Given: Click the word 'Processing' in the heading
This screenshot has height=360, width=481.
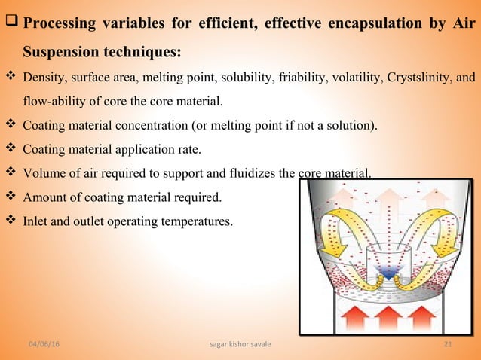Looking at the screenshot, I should [x=63, y=23].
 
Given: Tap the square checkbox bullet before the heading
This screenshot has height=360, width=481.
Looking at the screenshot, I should [x=11, y=23].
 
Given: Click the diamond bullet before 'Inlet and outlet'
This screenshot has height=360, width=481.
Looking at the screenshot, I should [x=11, y=222].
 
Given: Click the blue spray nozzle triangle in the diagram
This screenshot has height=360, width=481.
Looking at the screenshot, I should [x=387, y=276].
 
